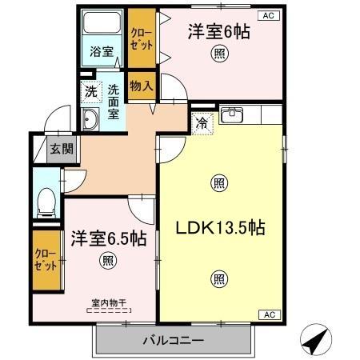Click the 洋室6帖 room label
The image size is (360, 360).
(x=218, y=33)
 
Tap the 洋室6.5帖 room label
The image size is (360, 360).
(x=108, y=238)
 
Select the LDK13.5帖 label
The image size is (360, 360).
(x=220, y=227)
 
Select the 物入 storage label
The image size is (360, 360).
(x=142, y=85)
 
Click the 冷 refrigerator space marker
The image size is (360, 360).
(x=202, y=123)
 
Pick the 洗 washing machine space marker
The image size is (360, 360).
(x=90, y=91)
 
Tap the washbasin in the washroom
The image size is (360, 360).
(x=90, y=121)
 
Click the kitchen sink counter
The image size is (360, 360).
(x=240, y=114)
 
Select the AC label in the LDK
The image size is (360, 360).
(x=270, y=315)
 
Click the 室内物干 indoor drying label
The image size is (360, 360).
(x=106, y=302)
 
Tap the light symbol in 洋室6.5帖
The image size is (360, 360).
(x=106, y=259)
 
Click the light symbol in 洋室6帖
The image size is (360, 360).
(x=218, y=54)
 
